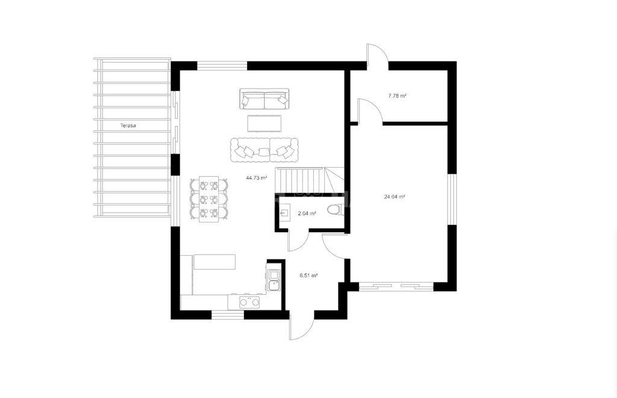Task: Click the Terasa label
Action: (128, 125)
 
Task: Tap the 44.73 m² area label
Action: (257, 178)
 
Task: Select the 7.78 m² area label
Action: (397, 96)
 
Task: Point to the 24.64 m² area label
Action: (395, 197)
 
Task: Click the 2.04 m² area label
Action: (307, 213)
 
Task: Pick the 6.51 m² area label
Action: (308, 276)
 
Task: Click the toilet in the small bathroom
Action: (335, 210)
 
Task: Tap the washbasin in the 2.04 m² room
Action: (285, 213)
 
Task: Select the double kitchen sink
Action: (274, 280)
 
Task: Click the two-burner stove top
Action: (250, 302)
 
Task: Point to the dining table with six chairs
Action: (209, 199)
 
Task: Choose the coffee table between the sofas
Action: (265, 123)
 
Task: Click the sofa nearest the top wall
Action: (264, 99)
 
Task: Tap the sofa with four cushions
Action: (264, 150)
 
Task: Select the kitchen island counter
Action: (215, 262)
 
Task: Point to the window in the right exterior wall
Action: (453, 200)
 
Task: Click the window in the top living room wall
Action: (222, 65)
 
